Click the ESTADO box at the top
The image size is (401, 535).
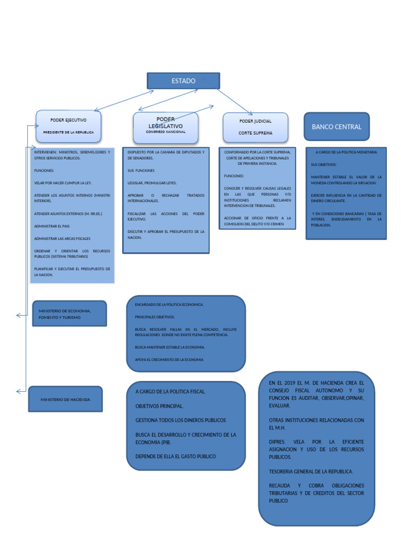tap(183, 81)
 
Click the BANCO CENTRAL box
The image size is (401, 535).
tap(336, 127)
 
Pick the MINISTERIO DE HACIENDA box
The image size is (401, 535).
tap(65, 399)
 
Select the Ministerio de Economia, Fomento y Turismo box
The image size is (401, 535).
tap(69, 313)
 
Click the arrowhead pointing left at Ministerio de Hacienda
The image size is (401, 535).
tap(18, 391)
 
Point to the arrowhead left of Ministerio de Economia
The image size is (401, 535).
tap(18, 315)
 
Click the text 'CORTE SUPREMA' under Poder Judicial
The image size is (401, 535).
tap(255, 133)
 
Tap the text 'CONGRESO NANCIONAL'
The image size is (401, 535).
tap(166, 132)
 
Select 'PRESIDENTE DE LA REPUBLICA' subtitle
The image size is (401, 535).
tap(68, 133)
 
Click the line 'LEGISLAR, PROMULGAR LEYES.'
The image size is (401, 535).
tap(152, 183)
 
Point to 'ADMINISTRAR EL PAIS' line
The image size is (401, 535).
tap(52, 226)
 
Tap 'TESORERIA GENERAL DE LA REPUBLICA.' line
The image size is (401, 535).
tap(311, 471)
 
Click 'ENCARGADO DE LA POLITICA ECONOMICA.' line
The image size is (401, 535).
tap(169, 304)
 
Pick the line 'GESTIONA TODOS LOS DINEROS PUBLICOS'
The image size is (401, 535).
tap(180, 420)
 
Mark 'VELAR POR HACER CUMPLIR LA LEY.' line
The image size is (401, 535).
tap(63, 183)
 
